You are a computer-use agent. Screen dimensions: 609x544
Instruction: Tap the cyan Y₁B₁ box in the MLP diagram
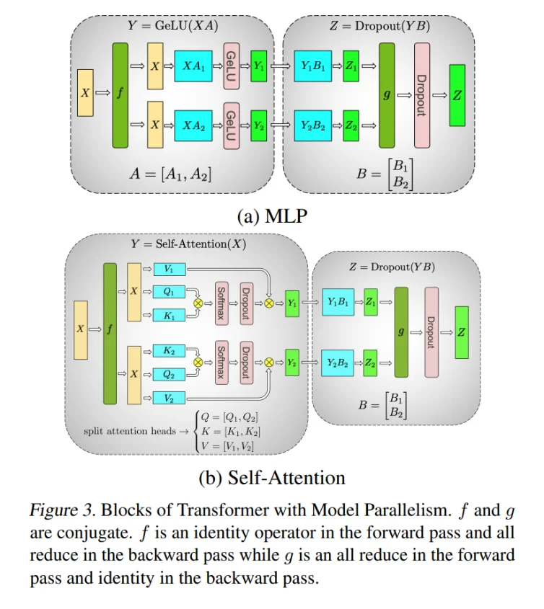coord(314,66)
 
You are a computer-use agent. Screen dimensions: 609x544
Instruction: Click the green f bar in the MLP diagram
coord(120,95)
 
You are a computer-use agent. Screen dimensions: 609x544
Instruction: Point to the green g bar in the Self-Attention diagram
coord(401,332)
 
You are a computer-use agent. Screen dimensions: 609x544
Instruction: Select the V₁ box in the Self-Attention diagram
coord(169,270)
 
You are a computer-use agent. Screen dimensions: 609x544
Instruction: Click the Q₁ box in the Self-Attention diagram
coord(169,292)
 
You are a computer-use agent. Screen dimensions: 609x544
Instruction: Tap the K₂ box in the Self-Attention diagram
coord(169,351)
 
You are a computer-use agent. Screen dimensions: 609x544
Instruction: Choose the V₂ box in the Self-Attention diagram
coord(169,397)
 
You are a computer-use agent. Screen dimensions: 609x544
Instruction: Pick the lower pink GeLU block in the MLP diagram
coord(231,125)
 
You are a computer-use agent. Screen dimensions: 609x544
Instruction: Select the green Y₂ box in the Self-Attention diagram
coord(293,362)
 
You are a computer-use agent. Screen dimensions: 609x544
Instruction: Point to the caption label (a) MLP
coord(272,215)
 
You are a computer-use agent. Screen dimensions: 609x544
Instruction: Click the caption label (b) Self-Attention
coord(271,477)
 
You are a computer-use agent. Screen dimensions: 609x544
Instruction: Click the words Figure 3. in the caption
coord(62,511)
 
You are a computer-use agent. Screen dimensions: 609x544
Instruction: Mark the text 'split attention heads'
coord(127,431)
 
